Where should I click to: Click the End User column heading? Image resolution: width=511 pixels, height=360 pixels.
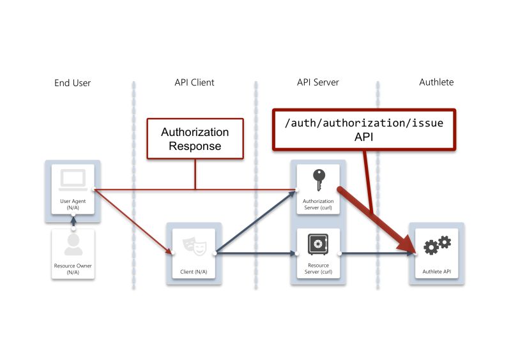click(x=73, y=82)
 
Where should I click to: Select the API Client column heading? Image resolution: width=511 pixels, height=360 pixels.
click(x=194, y=82)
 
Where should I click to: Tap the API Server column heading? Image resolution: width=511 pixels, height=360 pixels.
click(x=317, y=82)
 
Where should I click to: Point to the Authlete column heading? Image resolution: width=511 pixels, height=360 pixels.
click(x=436, y=82)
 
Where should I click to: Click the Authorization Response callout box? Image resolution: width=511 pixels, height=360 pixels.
click(x=195, y=138)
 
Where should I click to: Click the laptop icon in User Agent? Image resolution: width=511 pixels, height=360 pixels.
click(x=73, y=180)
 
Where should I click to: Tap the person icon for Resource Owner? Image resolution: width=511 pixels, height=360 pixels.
click(x=73, y=244)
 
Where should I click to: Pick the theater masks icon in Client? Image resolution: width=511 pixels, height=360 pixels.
click(x=194, y=244)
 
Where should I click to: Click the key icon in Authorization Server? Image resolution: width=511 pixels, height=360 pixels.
click(x=318, y=180)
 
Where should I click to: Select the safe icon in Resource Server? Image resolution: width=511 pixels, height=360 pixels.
click(x=318, y=244)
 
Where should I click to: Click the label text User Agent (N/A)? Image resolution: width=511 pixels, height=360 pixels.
click(x=73, y=204)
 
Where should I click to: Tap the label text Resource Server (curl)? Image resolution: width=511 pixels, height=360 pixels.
click(x=318, y=269)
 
